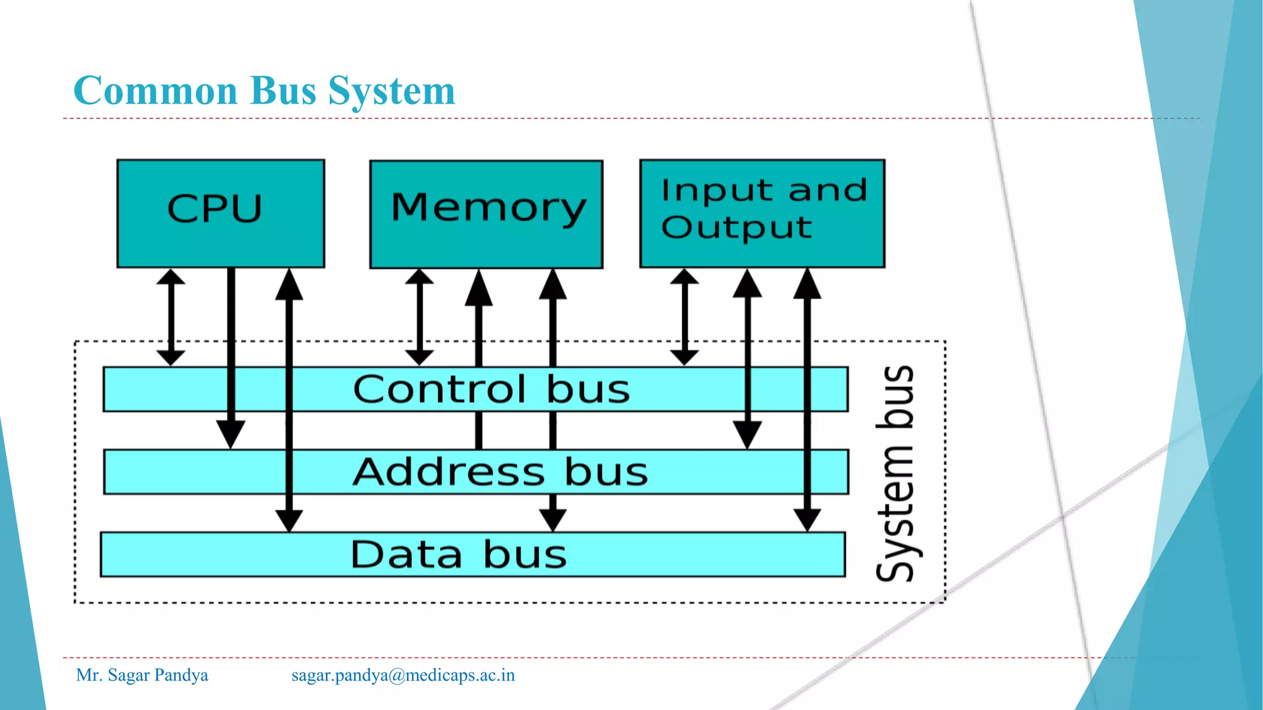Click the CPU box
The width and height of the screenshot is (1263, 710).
220,213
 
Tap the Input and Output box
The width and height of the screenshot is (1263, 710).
762,213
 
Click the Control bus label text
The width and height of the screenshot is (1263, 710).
492,390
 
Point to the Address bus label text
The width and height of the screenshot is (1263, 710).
500,472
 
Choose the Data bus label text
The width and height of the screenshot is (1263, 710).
458,555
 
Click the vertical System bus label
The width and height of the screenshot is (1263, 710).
895,473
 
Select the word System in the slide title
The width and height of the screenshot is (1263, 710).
392,91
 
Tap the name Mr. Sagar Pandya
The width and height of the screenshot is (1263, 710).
142,675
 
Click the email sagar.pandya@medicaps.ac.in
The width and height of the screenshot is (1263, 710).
403,675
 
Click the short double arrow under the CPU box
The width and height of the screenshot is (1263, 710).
171,317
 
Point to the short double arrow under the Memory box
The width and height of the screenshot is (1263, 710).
419,317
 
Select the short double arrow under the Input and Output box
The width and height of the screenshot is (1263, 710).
685,317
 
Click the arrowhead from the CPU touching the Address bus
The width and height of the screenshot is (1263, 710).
231,434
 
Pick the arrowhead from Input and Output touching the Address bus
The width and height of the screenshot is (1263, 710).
747,434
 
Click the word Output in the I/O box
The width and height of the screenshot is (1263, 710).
736,227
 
